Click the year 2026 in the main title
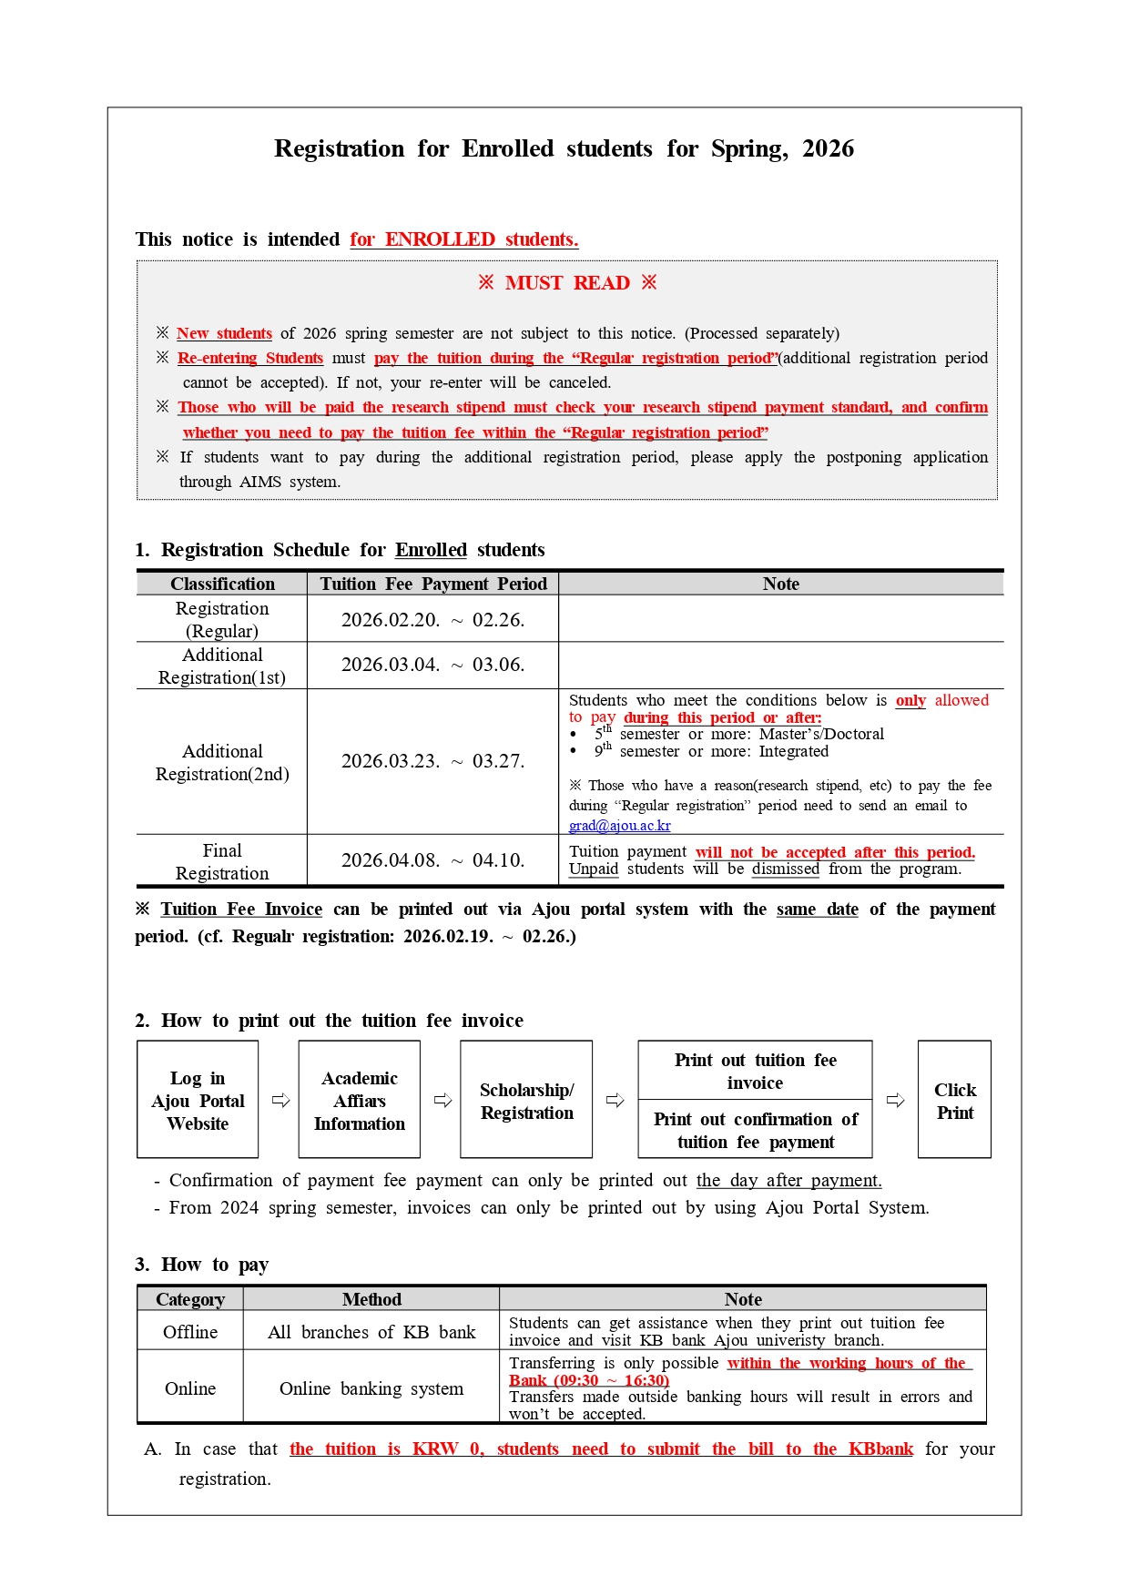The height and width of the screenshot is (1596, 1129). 828,148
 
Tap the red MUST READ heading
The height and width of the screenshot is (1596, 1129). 567,283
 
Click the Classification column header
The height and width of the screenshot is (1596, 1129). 222,584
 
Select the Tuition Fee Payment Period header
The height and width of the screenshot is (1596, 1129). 433,584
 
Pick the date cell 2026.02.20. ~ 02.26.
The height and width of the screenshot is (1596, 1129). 433,620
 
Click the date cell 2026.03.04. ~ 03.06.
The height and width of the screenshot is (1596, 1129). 433,665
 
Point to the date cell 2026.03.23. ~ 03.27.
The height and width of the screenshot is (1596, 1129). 433,761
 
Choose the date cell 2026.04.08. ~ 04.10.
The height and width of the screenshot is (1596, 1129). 433,860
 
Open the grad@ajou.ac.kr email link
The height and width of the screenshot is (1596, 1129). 619,826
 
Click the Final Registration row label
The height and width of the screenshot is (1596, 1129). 222,861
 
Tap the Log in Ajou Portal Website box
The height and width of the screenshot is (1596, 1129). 198,1100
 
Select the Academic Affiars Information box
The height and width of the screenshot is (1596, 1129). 360,1100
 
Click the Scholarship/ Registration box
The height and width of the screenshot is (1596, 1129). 526,1100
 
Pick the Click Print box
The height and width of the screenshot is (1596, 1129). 954,1100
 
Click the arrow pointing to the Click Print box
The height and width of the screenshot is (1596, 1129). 896,1100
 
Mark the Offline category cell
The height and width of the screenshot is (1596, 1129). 190,1332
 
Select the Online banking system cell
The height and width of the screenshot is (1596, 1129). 371,1388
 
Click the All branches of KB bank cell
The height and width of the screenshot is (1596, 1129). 371,1332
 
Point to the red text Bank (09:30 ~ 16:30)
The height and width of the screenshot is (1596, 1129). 589,1380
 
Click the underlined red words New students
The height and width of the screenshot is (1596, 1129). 224,333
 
